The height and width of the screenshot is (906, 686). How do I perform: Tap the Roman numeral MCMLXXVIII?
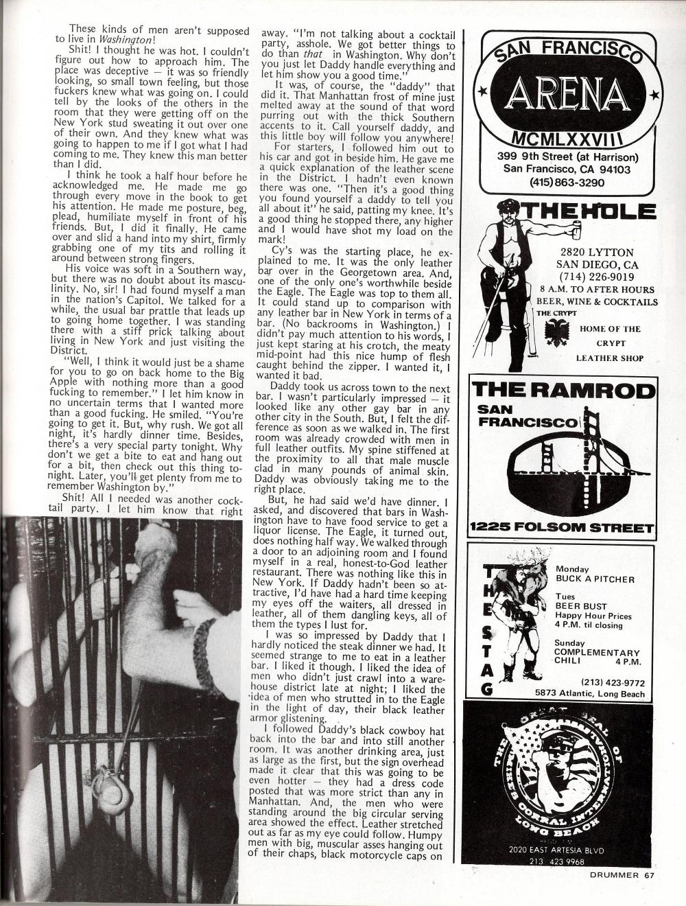pos(570,140)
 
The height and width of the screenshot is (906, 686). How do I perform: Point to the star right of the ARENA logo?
pos(654,95)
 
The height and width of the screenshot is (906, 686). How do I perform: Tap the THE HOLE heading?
pos(591,212)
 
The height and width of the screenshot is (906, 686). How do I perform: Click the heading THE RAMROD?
pos(563,391)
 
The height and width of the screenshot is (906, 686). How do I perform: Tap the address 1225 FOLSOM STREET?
pos(562,528)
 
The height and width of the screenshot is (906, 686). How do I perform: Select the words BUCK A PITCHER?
pos(595,579)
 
